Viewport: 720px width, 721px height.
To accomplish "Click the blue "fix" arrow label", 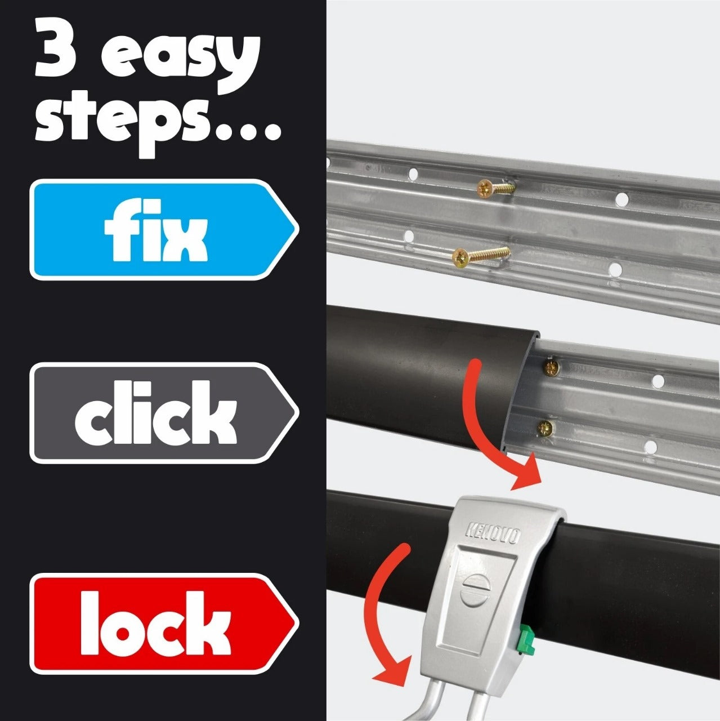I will (163, 229).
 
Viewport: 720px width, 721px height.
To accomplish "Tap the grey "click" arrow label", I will (163, 413).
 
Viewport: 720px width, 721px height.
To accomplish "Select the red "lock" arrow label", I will (163, 624).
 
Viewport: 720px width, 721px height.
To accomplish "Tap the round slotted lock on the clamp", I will (472, 591).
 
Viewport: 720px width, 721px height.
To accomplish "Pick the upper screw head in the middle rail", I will (550, 368).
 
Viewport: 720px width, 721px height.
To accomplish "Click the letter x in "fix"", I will (183, 239).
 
